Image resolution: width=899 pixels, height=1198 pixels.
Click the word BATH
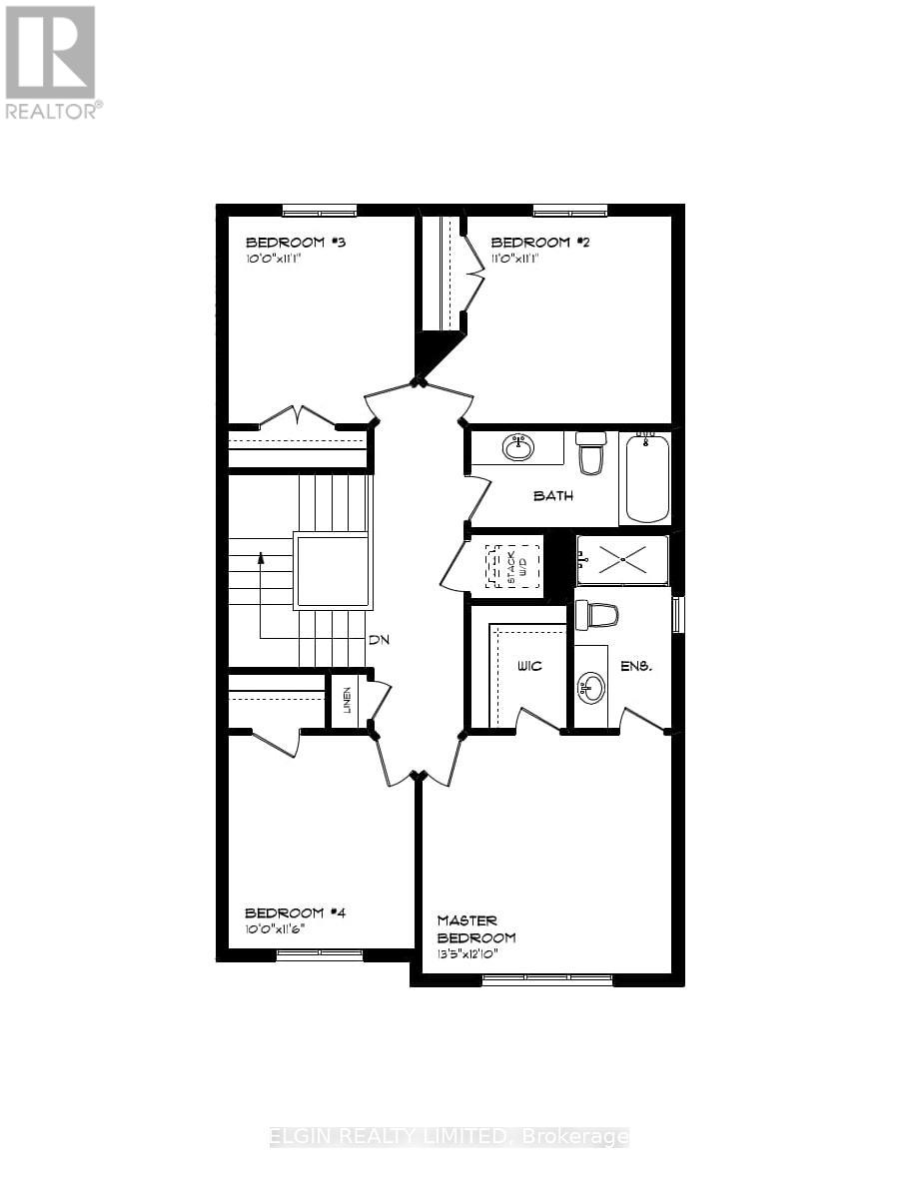[x=552, y=495]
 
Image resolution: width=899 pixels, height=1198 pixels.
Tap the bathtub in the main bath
[x=644, y=476]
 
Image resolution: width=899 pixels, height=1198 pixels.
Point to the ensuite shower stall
[x=622, y=559]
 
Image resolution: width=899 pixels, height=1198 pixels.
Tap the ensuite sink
[x=591, y=686]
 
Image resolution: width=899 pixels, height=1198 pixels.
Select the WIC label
[x=529, y=666]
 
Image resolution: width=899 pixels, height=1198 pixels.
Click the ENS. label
[x=636, y=666]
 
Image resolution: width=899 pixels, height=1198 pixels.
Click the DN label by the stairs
[x=378, y=640]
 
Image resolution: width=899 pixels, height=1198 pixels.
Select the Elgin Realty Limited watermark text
[x=449, y=1137]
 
